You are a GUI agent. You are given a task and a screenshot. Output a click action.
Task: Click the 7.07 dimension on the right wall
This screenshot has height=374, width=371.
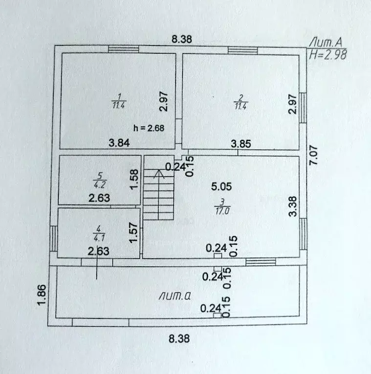click(x=313, y=155)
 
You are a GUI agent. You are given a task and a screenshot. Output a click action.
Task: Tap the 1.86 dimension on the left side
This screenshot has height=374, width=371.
click(x=42, y=295)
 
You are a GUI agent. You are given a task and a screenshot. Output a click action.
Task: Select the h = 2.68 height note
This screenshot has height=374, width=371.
click(x=149, y=128)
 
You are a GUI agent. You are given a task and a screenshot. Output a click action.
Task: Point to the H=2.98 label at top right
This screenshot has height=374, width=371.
click(x=327, y=55)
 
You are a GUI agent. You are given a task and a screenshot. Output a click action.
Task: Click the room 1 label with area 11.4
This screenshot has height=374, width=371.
click(x=119, y=101)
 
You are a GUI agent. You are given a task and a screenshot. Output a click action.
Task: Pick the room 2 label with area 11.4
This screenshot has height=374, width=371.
click(x=240, y=102)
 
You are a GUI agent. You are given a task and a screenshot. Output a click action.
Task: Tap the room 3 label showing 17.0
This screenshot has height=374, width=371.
click(x=222, y=207)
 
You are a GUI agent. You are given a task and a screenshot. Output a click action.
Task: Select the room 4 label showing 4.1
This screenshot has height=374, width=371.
click(x=98, y=234)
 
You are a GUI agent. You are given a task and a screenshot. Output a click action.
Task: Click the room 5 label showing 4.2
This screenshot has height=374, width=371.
click(x=100, y=180)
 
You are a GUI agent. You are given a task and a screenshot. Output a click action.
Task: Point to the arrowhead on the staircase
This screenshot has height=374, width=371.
click(x=159, y=174)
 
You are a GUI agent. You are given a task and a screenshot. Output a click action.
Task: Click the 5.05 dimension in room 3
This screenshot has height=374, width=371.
click(x=221, y=186)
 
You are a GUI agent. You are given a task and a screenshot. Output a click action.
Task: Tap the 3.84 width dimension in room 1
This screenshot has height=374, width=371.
click(x=119, y=143)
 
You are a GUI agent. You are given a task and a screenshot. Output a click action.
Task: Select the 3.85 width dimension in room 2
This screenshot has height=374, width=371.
click(x=240, y=144)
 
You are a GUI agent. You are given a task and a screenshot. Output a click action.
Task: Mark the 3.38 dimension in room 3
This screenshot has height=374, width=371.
click(x=293, y=206)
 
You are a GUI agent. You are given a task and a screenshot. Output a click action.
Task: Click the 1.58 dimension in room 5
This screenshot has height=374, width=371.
click(x=134, y=179)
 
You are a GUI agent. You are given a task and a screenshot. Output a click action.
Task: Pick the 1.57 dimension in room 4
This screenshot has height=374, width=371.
click(x=133, y=233)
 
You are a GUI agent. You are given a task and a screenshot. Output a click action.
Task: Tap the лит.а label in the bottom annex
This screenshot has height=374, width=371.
click(x=175, y=296)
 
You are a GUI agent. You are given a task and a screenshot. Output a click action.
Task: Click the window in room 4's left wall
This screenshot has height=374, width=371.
click(x=54, y=238)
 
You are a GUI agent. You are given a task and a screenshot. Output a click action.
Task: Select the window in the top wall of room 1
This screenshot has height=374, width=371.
click(x=123, y=49)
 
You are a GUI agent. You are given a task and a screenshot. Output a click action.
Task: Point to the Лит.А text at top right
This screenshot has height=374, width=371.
click(x=326, y=43)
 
